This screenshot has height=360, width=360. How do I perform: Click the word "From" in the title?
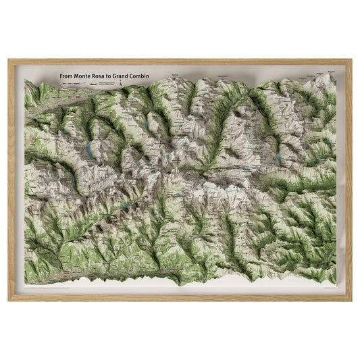click(66, 76)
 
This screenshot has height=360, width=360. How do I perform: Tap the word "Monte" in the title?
click(83, 76)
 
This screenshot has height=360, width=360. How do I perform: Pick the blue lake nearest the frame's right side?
click(278, 157)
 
